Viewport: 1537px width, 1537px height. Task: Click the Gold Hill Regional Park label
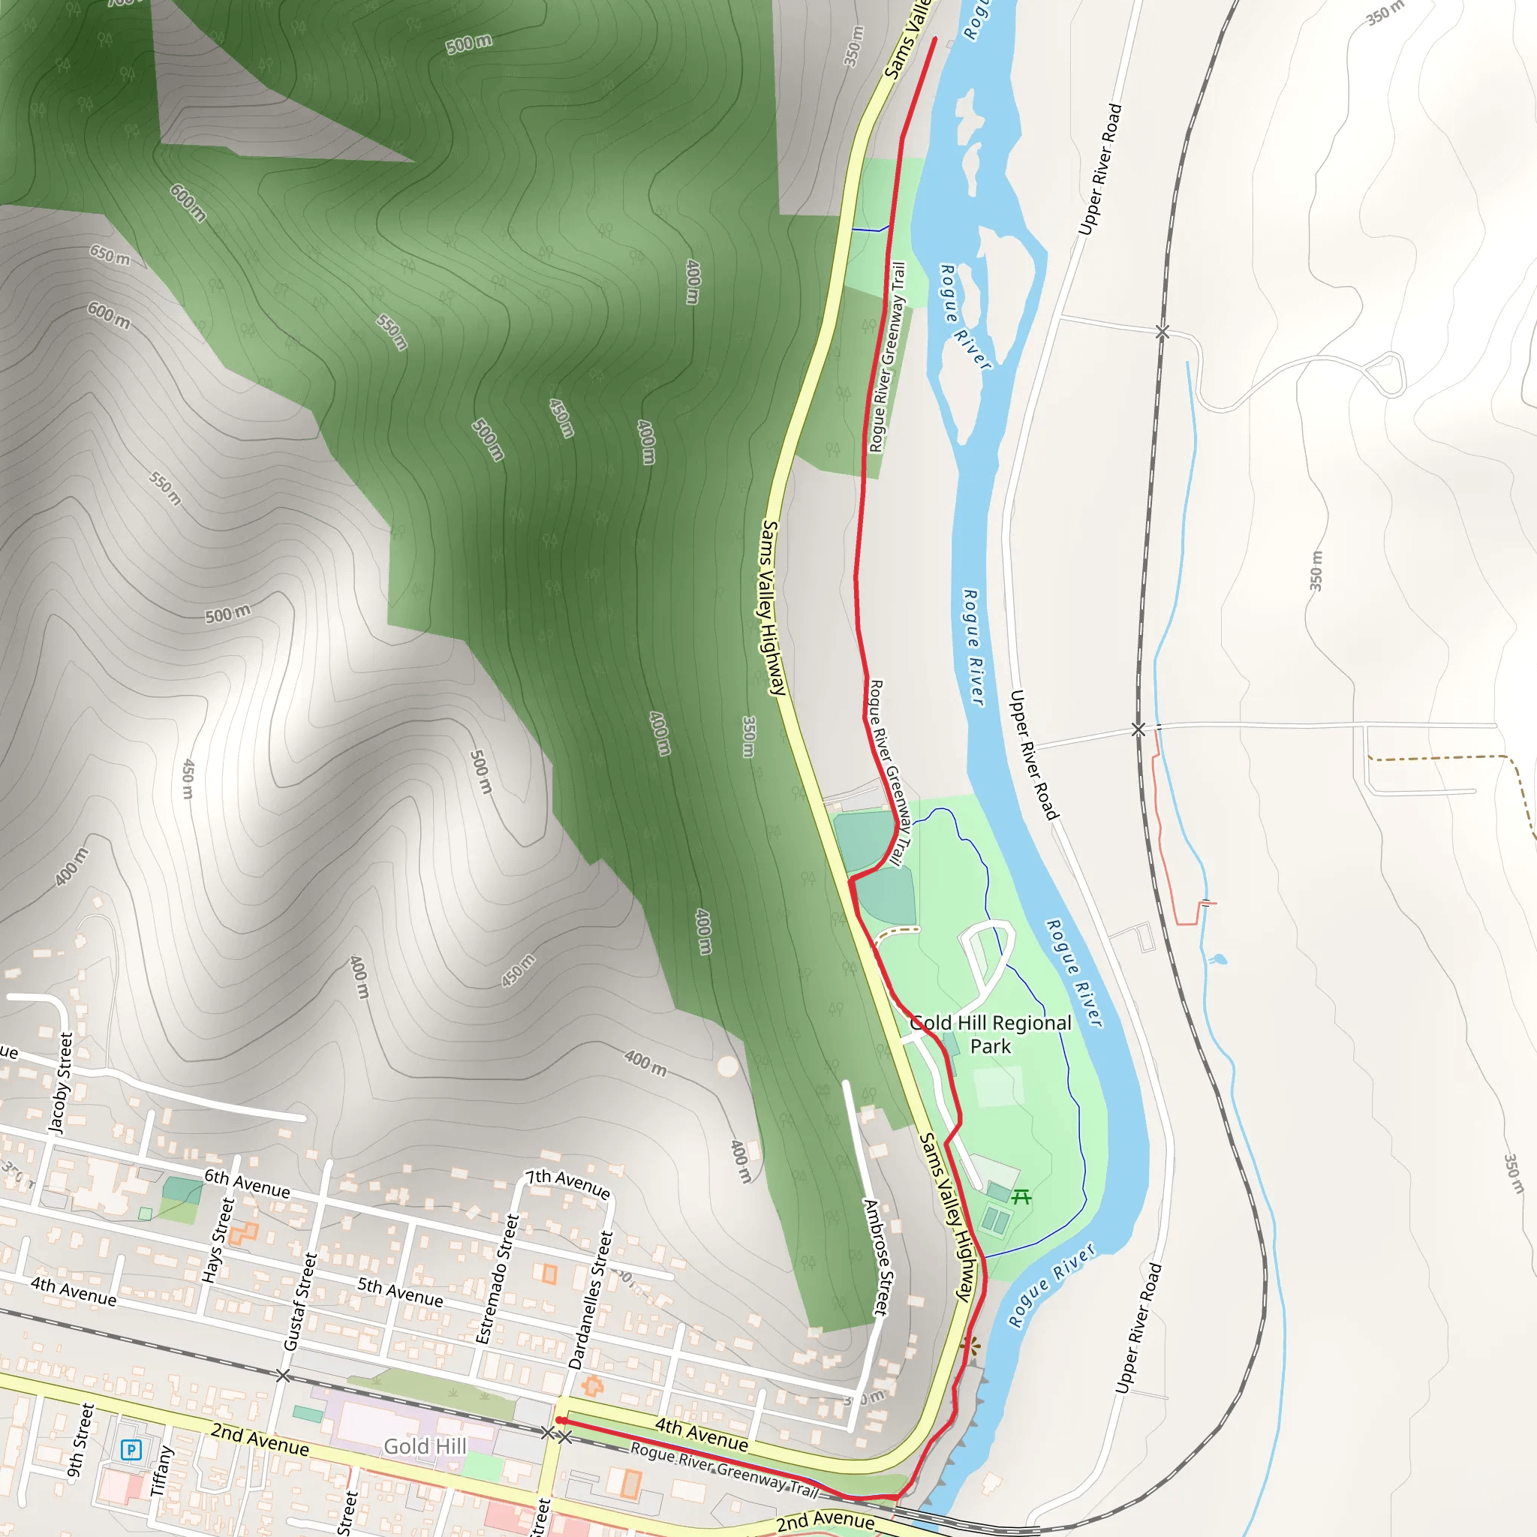coord(991,1034)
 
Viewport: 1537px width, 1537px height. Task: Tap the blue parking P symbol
coord(131,1449)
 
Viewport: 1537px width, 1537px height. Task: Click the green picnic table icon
coord(1021,1196)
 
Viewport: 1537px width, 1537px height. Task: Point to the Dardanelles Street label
coord(591,1300)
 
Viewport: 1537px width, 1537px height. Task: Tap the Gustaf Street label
coord(301,1301)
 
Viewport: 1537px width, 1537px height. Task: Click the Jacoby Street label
coord(62,1082)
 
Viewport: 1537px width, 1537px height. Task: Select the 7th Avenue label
coord(568,1183)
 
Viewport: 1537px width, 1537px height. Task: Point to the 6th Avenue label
coord(247,1182)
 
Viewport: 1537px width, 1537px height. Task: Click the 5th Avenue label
coord(399,1291)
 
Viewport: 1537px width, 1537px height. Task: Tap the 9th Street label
coord(80,1441)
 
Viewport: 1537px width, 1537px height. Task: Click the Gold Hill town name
coord(425,1445)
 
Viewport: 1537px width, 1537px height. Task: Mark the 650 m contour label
coord(110,255)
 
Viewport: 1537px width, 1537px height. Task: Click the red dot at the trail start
coord(560,1420)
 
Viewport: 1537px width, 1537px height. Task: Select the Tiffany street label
coord(161,1471)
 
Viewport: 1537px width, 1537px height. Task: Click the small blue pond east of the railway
coord(1217,959)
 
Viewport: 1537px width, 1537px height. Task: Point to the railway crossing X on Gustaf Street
coord(282,1376)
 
